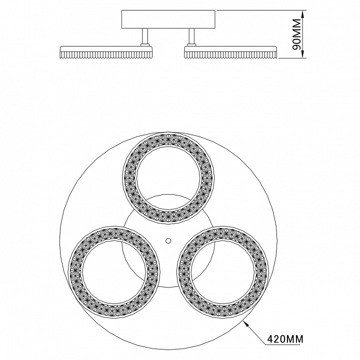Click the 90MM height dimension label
tap(296, 34)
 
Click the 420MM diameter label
tap(285, 338)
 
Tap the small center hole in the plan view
tap(168, 240)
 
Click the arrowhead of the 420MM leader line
tap(246, 324)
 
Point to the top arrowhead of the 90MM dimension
tap(303, 14)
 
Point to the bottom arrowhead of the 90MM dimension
tap(303, 54)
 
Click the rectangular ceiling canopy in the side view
tap(168, 19)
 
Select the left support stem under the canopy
tap(144, 36)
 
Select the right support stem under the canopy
tap(192, 36)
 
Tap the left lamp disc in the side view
tap(106, 52)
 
